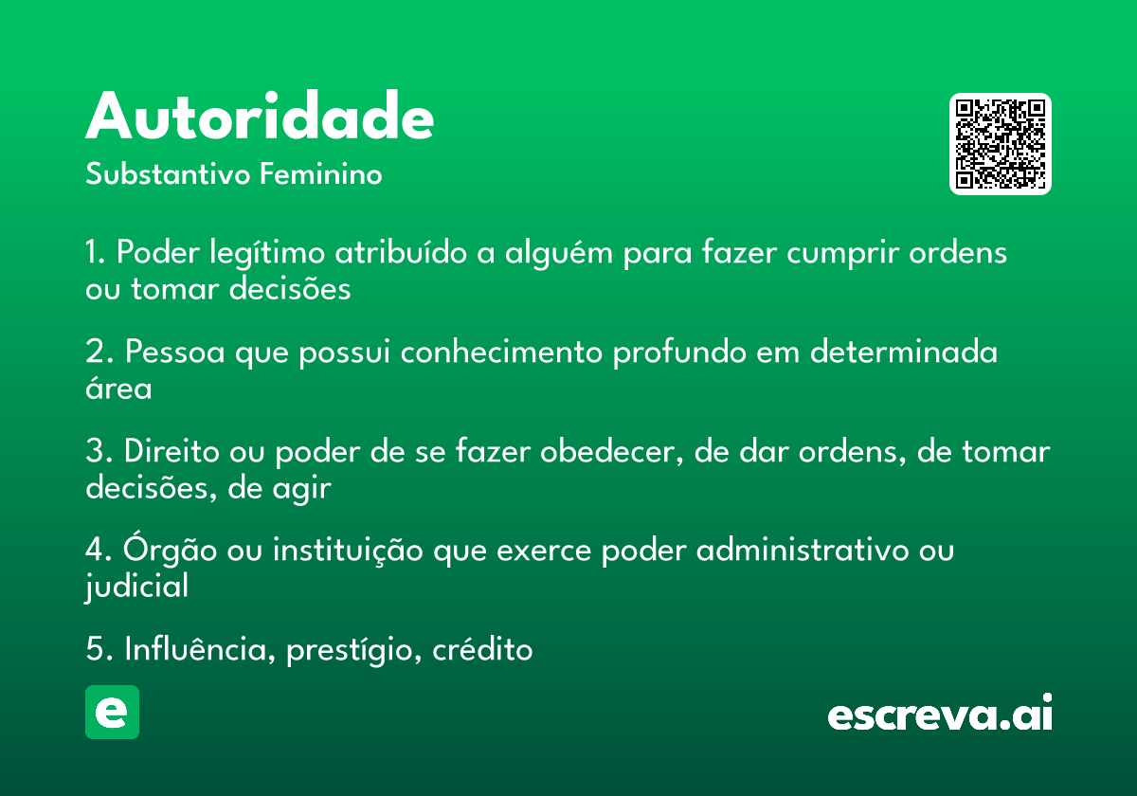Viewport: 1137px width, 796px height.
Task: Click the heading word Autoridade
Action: tap(260, 115)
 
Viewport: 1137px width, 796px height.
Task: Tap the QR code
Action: tap(1000, 144)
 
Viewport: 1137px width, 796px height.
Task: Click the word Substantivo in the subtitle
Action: tap(168, 173)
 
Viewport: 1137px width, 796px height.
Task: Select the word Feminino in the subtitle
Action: tap(321, 173)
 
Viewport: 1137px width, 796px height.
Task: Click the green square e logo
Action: tap(112, 712)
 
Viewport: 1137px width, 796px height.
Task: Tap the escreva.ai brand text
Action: tap(940, 713)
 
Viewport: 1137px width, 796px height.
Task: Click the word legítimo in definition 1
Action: tap(267, 252)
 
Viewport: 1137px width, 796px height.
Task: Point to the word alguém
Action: tap(558, 252)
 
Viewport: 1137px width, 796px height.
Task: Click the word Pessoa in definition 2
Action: tap(174, 352)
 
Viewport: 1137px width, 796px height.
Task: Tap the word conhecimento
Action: tap(501, 352)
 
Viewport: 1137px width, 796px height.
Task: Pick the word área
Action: tap(118, 388)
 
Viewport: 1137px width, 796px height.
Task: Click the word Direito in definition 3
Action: tap(171, 451)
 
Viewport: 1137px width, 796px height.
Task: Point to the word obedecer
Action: tap(612, 451)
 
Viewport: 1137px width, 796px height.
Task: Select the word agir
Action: tap(301, 488)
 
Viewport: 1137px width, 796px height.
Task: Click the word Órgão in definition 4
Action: tap(170, 549)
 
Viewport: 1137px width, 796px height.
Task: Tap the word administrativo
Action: tap(803, 550)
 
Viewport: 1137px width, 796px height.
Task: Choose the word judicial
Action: tap(136, 587)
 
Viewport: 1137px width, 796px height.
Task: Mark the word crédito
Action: tap(482, 648)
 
